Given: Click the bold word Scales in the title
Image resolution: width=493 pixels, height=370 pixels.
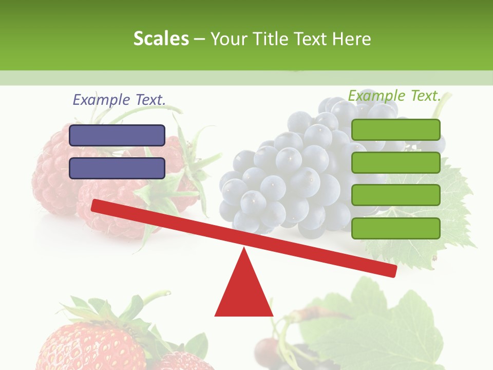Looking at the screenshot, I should click(x=161, y=39).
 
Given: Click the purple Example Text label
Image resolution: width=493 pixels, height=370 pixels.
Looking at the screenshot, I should click(x=119, y=100).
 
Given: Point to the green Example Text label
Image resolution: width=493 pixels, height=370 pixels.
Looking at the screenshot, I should click(x=394, y=96).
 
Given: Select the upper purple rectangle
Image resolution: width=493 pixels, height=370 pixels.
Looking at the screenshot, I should click(x=117, y=135).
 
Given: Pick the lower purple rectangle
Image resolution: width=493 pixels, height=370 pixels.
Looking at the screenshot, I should click(x=117, y=168).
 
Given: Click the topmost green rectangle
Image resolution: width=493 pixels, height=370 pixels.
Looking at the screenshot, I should click(x=396, y=129).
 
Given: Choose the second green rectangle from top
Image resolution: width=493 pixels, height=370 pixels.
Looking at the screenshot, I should click(x=396, y=162).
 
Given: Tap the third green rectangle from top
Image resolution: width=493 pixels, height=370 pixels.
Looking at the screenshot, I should click(x=396, y=195).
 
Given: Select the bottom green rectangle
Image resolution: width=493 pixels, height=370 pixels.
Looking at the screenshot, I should click(x=396, y=228).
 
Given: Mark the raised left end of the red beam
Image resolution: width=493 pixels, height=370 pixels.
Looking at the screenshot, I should click(x=96, y=205).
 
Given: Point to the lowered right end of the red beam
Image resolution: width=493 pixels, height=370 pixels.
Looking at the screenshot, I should click(x=393, y=270).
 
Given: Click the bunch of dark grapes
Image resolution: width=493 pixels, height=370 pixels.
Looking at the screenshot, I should click(x=288, y=175).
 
